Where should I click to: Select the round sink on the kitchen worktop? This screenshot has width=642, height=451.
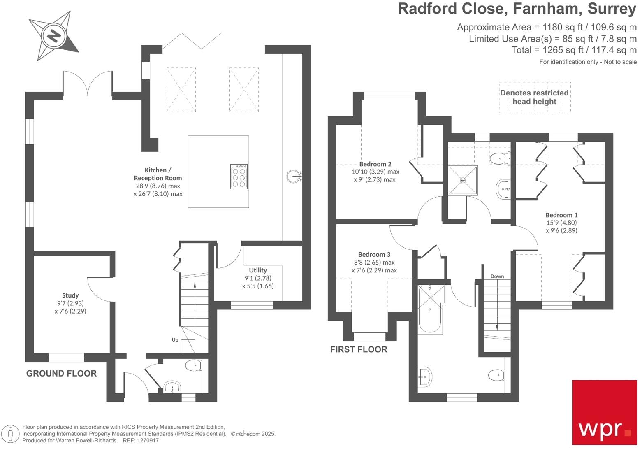tap(293, 177)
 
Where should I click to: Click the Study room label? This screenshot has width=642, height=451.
tap(70, 295)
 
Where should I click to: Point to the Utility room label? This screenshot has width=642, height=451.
tap(258, 270)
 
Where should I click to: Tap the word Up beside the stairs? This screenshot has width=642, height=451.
tap(175, 340)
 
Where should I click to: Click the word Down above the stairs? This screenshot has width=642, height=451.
tap(497, 277)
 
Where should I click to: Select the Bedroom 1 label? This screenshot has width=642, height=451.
tap(561, 215)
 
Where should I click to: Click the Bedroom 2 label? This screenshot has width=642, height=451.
tap(375, 164)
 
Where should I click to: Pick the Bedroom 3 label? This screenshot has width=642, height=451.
tap(374, 255)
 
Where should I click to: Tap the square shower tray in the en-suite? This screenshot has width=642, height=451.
tap(463, 180)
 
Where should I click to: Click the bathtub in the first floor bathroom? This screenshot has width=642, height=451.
tap(431, 309)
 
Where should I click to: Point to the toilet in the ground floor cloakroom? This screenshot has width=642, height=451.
tap(193, 365)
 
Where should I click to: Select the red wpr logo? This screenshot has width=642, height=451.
tap(605, 412)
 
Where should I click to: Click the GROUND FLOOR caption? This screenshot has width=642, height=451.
tap(61, 374)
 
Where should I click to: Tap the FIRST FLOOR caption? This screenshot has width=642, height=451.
tap(359, 350)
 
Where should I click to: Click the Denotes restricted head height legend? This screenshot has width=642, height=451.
tap(534, 98)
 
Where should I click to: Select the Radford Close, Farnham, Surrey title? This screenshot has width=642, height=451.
tap(517, 9)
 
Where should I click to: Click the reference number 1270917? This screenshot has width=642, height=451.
tap(147, 441)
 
